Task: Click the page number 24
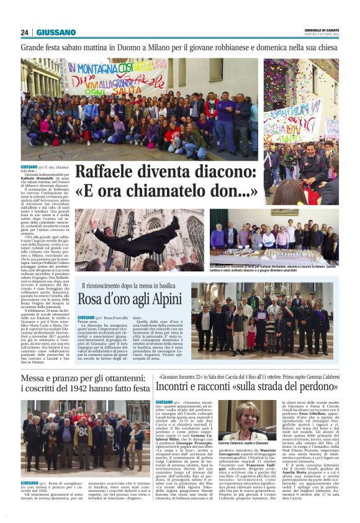pos(25,32)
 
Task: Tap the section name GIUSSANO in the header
pos(56,32)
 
